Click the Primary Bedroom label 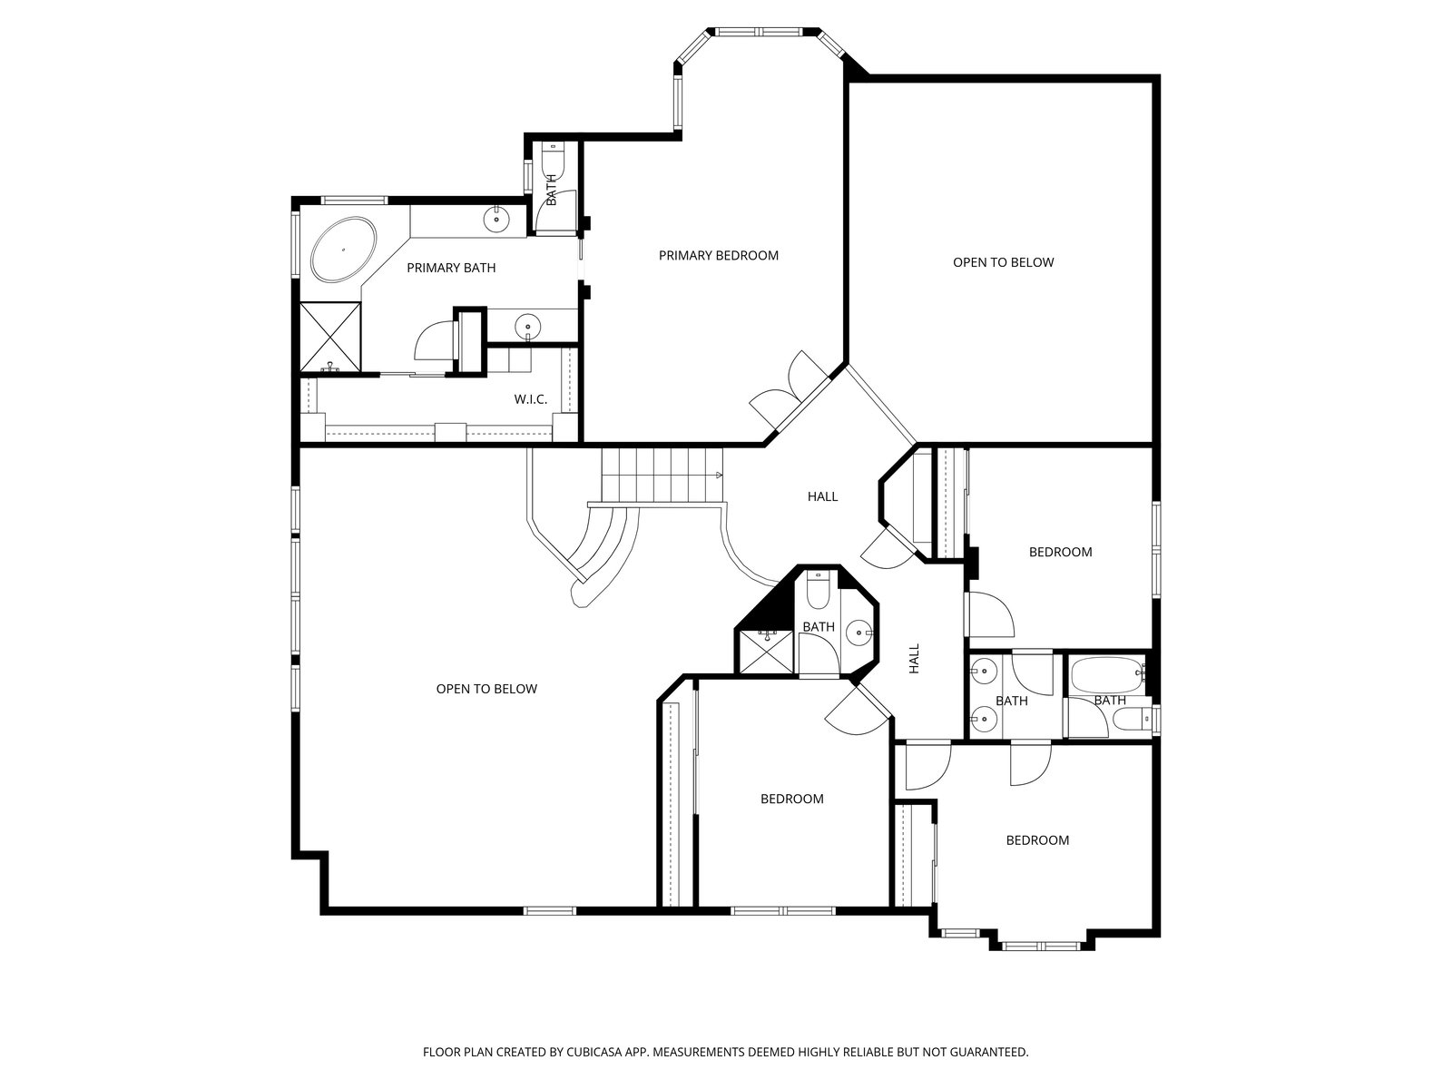[x=719, y=255]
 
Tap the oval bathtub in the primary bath [x=344, y=249]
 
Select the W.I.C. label [x=531, y=399]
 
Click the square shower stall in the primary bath [x=330, y=338]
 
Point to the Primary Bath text [x=451, y=268]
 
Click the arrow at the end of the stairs [x=719, y=475]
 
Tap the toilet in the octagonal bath [x=819, y=591]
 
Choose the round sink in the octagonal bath [x=859, y=633]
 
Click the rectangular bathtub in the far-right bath [x=1106, y=673]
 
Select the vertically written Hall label [x=914, y=659]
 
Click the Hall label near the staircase [x=822, y=496]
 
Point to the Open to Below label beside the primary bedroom [x=1003, y=262]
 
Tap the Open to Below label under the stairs [x=486, y=689]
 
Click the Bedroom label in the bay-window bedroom [x=1037, y=840]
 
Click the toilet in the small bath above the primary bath [x=553, y=160]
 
